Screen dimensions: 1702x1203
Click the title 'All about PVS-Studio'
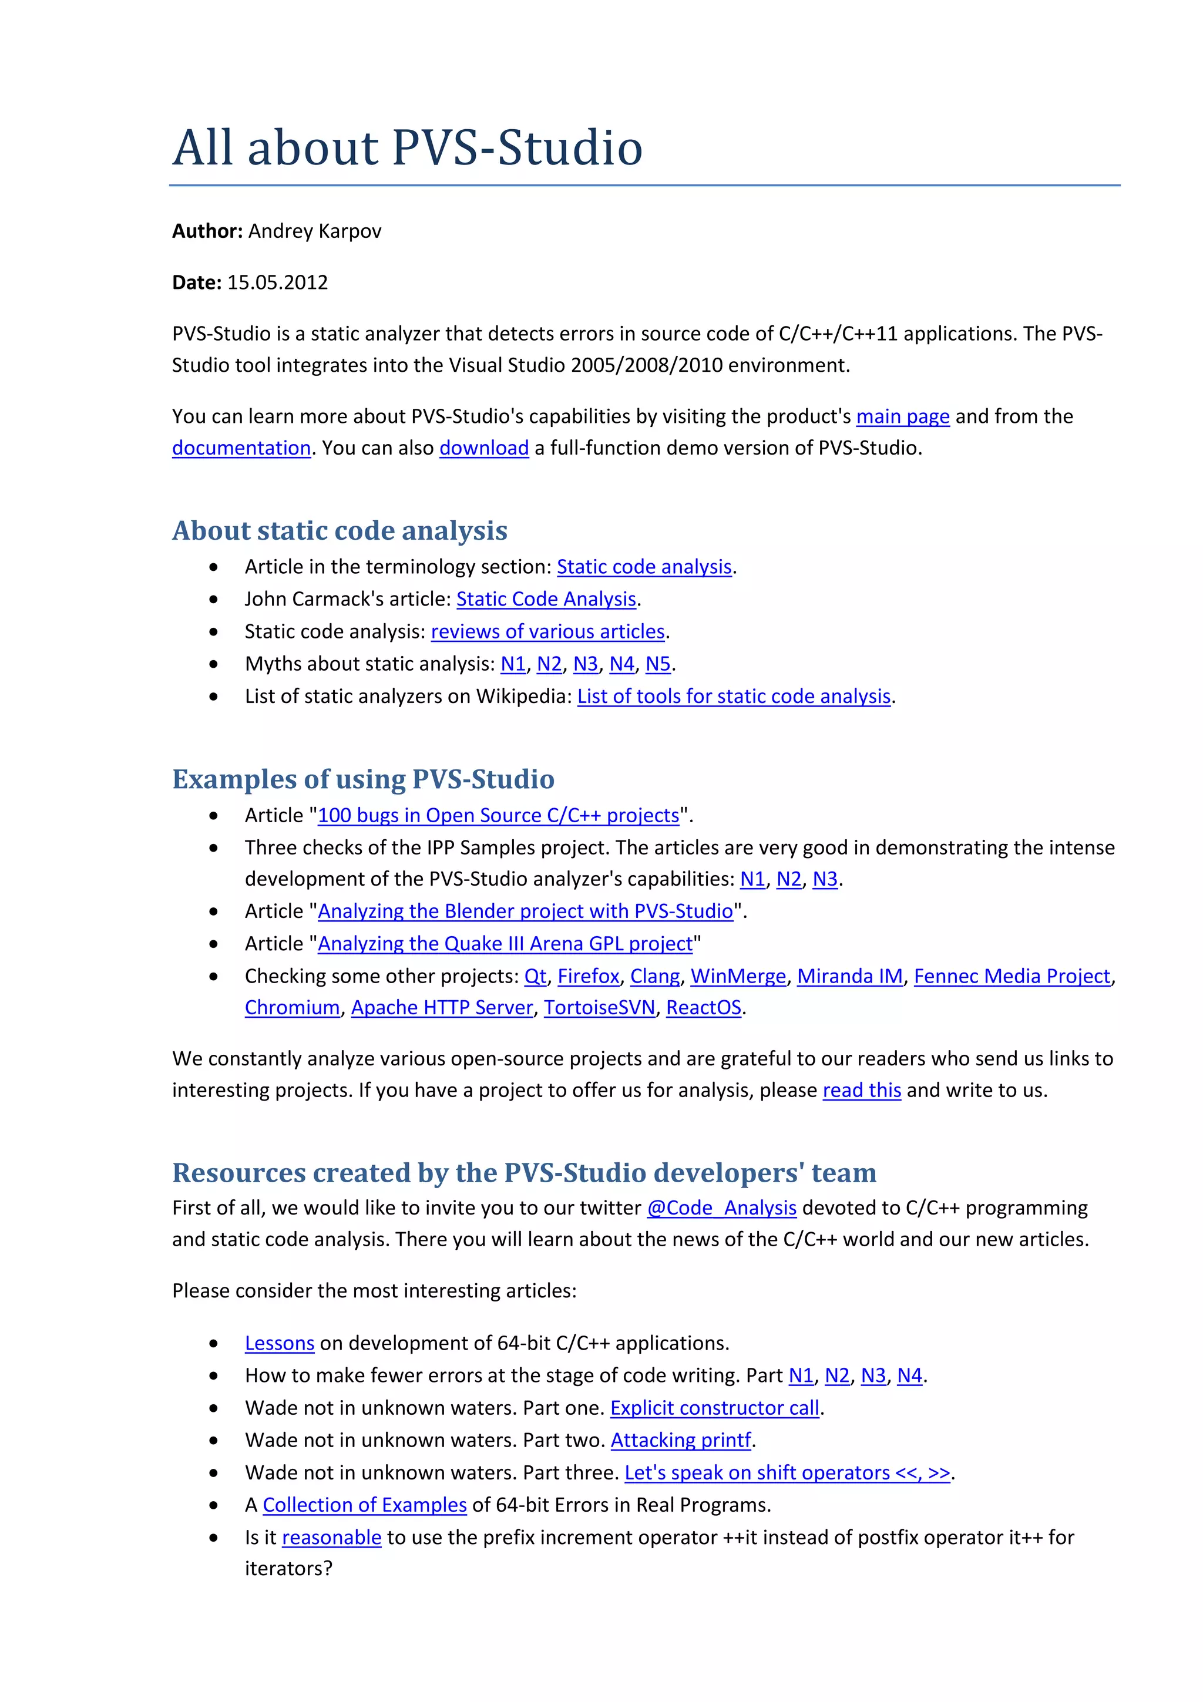click(x=407, y=147)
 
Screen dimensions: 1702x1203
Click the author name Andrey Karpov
click(x=314, y=231)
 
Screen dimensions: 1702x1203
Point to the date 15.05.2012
click(x=277, y=282)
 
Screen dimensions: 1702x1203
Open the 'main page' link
click(x=902, y=416)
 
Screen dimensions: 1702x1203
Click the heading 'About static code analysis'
click(x=340, y=531)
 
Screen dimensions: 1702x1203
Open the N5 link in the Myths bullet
click(x=657, y=664)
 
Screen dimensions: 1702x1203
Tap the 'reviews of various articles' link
click(x=548, y=631)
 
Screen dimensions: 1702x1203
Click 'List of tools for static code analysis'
click(x=733, y=697)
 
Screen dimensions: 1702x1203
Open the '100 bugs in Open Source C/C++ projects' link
click(x=498, y=815)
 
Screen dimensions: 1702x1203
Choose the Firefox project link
click(x=588, y=976)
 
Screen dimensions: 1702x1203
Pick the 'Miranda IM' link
click(x=849, y=976)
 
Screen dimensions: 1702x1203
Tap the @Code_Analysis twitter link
click(x=721, y=1208)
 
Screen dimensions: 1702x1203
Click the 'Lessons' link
click(x=280, y=1344)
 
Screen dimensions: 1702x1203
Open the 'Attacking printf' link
click(x=680, y=1440)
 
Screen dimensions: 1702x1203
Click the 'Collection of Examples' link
click(x=364, y=1506)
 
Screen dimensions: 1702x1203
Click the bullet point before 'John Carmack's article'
click(x=213, y=600)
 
